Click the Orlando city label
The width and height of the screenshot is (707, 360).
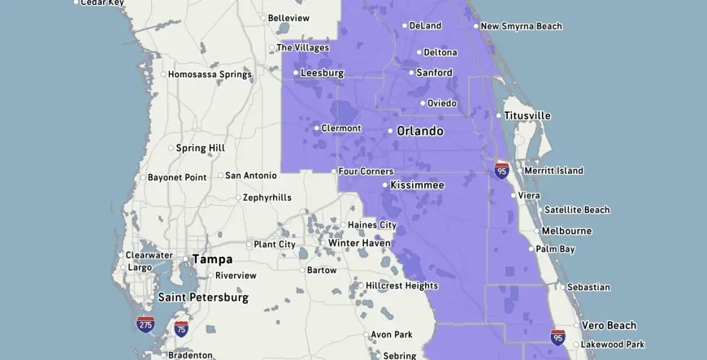(420, 131)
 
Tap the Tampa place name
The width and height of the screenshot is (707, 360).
(212, 259)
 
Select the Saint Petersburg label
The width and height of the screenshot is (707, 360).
(203, 297)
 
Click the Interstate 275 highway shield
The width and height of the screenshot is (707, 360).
(145, 323)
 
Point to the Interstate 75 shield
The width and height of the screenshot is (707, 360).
(180, 328)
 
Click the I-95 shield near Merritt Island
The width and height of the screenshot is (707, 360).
(502, 170)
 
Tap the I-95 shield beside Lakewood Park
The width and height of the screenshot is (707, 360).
(557, 336)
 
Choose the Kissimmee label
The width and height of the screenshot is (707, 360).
(417, 185)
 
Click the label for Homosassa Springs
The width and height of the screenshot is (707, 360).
(210, 75)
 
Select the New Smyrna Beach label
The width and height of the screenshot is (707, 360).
(521, 26)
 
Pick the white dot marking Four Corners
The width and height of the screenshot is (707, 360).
(334, 171)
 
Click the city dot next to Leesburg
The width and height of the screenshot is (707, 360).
(296, 73)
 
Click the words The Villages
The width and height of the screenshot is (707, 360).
(302, 48)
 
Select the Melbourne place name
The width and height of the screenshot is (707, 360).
(566, 231)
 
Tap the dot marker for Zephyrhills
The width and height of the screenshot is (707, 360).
(238, 197)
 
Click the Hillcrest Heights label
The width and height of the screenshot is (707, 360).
(401, 286)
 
